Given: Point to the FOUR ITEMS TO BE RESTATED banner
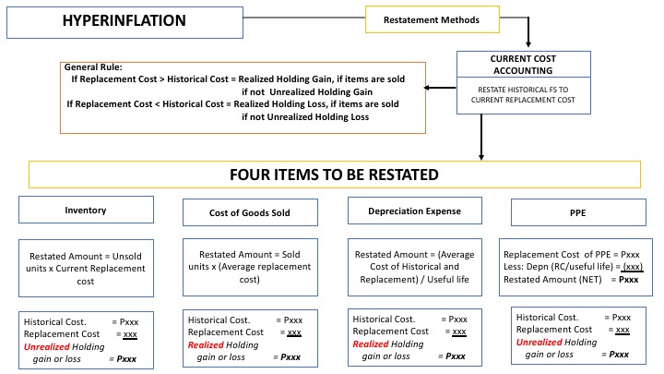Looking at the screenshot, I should [335, 175].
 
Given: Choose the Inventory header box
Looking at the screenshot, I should [86, 210].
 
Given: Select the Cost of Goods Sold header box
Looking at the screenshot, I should [249, 211].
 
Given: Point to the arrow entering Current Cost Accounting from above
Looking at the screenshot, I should [528, 42].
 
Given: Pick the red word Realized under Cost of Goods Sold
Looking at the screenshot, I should [208, 344].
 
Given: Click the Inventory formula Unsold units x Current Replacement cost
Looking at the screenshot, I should [86, 263].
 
